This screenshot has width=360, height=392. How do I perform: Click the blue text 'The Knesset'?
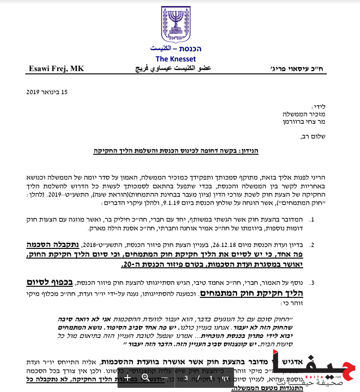175,59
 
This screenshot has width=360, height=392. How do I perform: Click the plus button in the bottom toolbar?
128,378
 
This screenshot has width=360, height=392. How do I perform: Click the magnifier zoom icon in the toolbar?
145,378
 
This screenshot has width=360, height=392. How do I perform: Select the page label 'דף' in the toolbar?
226,378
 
